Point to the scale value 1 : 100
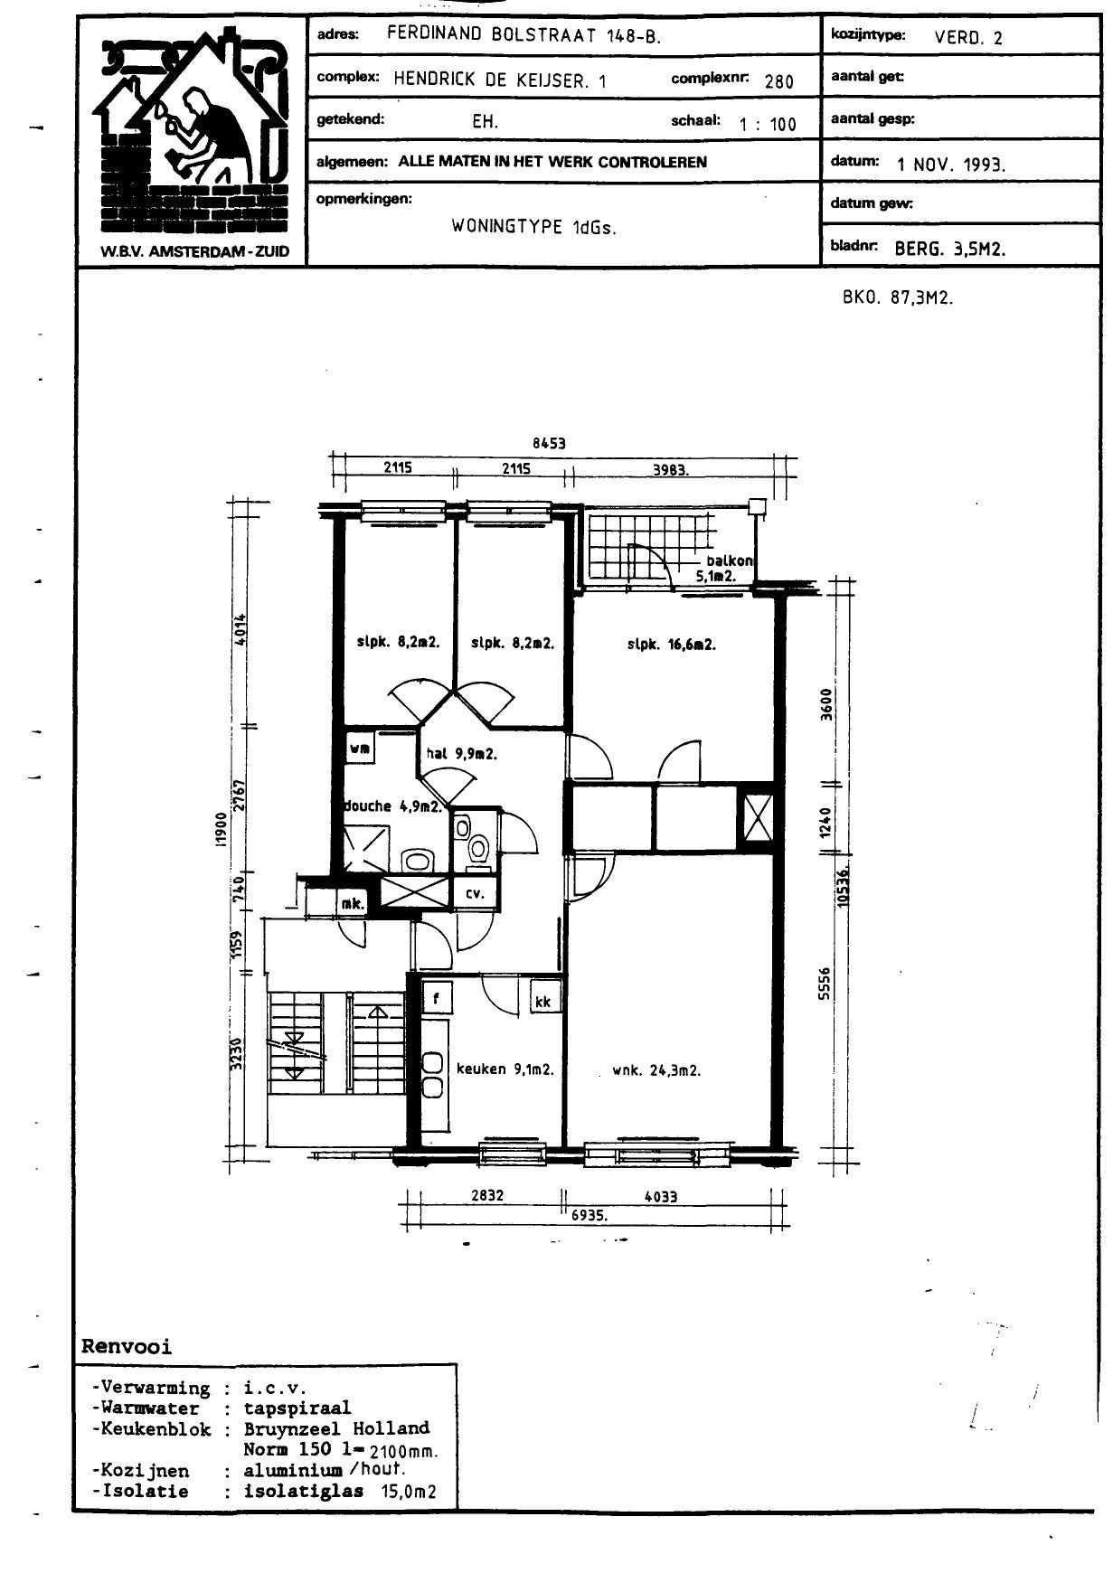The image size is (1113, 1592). click(768, 125)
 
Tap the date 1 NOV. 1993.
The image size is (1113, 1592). click(951, 165)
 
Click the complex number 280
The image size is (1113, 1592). click(778, 81)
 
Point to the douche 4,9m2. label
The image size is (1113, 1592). click(393, 806)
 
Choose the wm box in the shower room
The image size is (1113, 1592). click(359, 748)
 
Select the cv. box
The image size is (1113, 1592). click(474, 893)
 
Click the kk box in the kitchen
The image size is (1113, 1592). click(542, 1001)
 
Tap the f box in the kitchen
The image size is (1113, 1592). click(437, 998)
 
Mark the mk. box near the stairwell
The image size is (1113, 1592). click(353, 903)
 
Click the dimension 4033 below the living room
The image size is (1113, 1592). click(660, 1196)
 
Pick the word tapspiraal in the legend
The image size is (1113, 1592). click(297, 1408)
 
